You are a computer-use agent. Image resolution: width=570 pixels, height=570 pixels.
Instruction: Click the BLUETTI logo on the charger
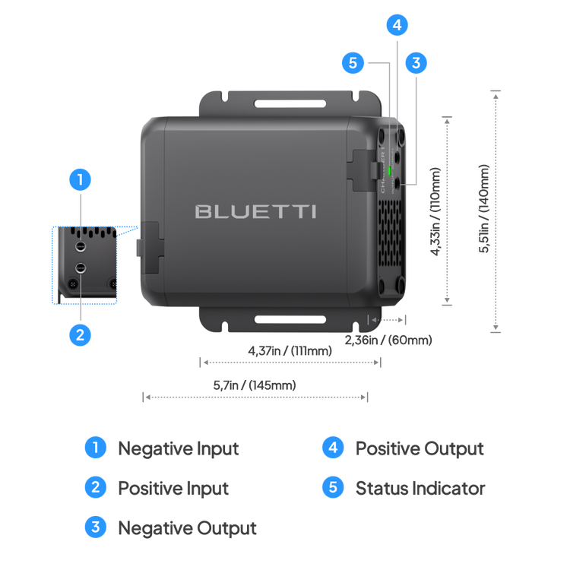pyautogui.click(x=255, y=211)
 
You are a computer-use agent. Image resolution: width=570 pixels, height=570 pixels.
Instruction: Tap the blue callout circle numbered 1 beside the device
pyautogui.click(x=80, y=181)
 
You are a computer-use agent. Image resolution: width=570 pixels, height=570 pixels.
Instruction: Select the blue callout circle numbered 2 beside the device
pyautogui.click(x=80, y=334)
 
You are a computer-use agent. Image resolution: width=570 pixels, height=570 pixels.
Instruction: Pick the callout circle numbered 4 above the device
pyautogui.click(x=396, y=24)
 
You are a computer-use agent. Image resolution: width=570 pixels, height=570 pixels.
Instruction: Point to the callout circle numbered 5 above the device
pyautogui.click(x=353, y=63)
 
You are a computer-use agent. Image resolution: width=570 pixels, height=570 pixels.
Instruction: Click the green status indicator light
pyautogui.click(x=390, y=171)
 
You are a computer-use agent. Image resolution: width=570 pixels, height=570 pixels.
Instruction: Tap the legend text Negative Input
pyautogui.click(x=179, y=448)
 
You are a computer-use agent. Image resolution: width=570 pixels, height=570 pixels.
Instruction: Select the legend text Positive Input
pyautogui.click(x=173, y=487)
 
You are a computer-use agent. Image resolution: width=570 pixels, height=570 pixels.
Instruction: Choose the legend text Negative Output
pyautogui.click(x=187, y=527)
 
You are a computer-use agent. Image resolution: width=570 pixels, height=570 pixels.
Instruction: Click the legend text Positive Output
pyautogui.click(x=420, y=448)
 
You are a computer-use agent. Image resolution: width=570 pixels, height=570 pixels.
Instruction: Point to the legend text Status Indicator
pyautogui.click(x=420, y=487)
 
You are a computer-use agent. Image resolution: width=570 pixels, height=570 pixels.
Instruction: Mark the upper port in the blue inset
pyautogui.click(x=80, y=246)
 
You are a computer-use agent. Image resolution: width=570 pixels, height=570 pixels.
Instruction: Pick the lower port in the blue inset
pyautogui.click(x=80, y=267)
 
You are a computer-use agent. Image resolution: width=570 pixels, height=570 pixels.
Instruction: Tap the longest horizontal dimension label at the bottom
pyautogui.click(x=255, y=386)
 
